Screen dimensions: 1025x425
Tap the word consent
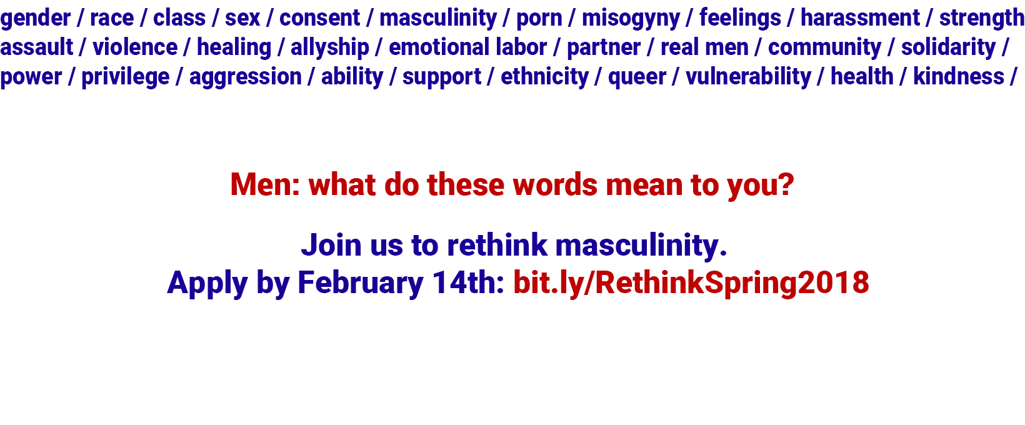click(320, 18)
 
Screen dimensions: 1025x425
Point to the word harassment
click(860, 18)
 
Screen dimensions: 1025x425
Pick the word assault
click(37, 47)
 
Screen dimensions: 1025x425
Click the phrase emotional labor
click(467, 47)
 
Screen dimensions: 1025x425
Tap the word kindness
click(959, 76)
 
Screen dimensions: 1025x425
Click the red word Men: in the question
click(265, 185)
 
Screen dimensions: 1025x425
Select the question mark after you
click(785, 185)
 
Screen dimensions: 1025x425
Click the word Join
click(331, 245)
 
